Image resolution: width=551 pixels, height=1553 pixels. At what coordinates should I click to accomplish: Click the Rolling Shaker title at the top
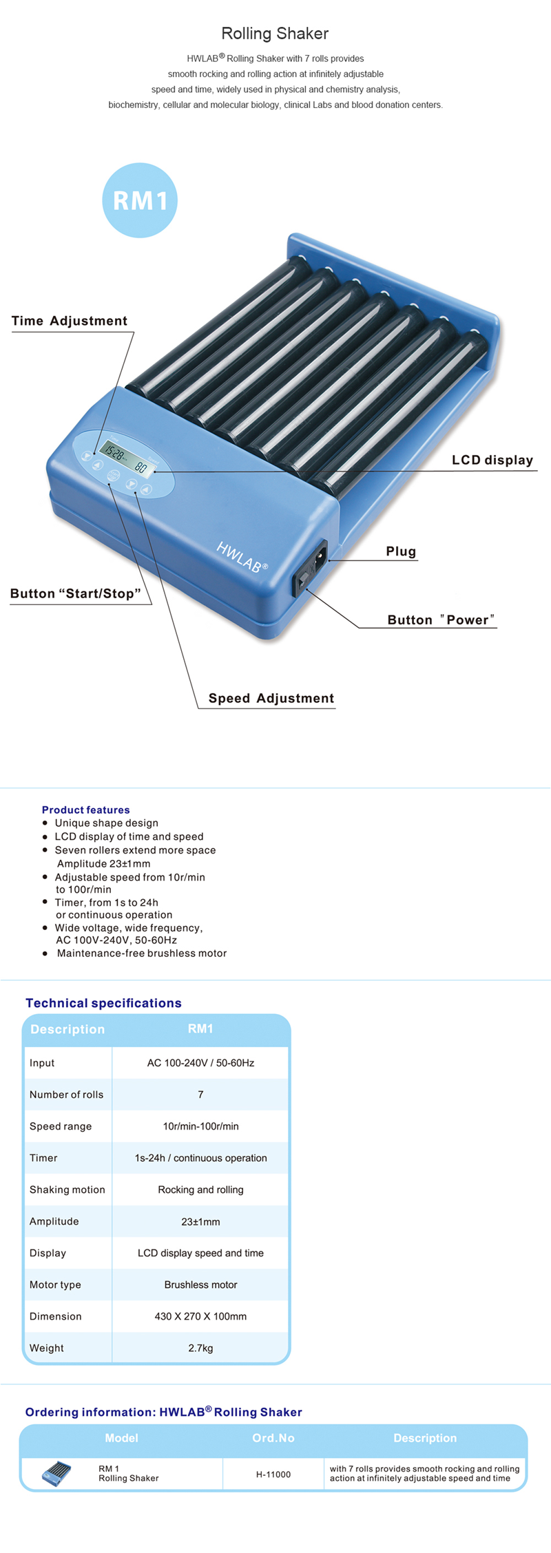(275, 33)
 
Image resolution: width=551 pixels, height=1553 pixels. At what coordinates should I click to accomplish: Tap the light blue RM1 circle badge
(140, 200)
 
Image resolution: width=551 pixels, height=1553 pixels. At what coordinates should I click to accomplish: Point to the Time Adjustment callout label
(70, 321)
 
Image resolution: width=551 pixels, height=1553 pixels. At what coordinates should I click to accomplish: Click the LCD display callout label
(492, 460)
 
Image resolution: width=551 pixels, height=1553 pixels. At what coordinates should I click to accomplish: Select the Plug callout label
(401, 551)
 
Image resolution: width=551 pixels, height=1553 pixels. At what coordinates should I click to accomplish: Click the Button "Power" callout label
(441, 620)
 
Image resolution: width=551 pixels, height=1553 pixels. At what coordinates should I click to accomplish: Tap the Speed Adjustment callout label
(271, 698)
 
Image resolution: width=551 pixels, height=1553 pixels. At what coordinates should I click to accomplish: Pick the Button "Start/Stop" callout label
(76, 593)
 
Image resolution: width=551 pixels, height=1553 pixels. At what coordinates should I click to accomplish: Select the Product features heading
(85, 810)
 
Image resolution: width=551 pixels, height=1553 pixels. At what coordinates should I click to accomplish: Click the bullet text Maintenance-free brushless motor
(141, 953)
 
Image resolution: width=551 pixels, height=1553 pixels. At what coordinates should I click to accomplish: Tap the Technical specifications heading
(103, 1003)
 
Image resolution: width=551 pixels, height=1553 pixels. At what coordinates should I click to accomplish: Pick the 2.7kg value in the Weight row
(200, 1348)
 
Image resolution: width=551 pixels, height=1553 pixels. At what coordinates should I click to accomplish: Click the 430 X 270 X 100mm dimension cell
(200, 1316)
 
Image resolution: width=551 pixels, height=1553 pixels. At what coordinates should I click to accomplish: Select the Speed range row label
(61, 1126)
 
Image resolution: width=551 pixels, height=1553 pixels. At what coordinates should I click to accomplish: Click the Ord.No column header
(273, 1438)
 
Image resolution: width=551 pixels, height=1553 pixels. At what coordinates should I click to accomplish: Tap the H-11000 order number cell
(273, 1474)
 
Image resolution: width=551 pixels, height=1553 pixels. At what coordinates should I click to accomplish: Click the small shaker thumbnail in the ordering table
(56, 1474)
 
